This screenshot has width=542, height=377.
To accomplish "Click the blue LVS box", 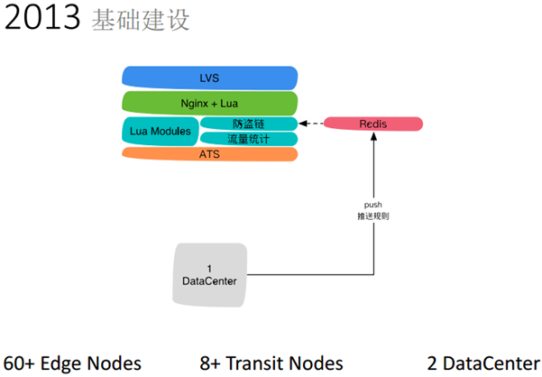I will coord(209,78).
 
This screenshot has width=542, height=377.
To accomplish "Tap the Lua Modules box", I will coord(161,131).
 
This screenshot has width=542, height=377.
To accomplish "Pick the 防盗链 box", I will coord(248,124).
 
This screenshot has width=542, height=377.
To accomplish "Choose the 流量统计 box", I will coord(248,138).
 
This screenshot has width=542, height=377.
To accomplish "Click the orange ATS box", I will coord(209,154).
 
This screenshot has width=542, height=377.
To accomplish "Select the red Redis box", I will coord(372,124).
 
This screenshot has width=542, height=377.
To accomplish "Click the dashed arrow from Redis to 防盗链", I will coord(311,124).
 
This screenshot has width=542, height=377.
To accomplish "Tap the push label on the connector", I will coord(373,207).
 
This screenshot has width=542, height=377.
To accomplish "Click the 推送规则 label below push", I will coord(373,217).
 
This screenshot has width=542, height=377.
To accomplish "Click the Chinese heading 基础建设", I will coord(141,21).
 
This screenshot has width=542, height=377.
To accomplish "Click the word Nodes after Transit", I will coord(317,363).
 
